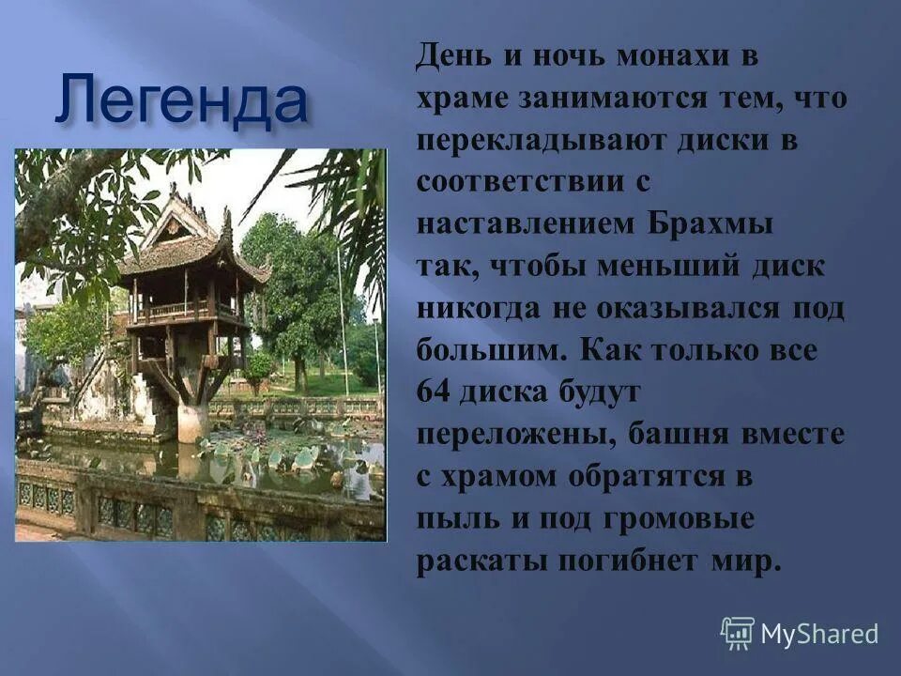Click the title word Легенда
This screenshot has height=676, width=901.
pos(180,100)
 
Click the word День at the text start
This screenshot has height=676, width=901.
pos(454,56)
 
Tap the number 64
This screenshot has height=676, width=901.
pos(435,392)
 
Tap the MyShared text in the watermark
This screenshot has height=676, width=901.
pos(819,634)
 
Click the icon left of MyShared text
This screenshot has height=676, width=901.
pos(738,634)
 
